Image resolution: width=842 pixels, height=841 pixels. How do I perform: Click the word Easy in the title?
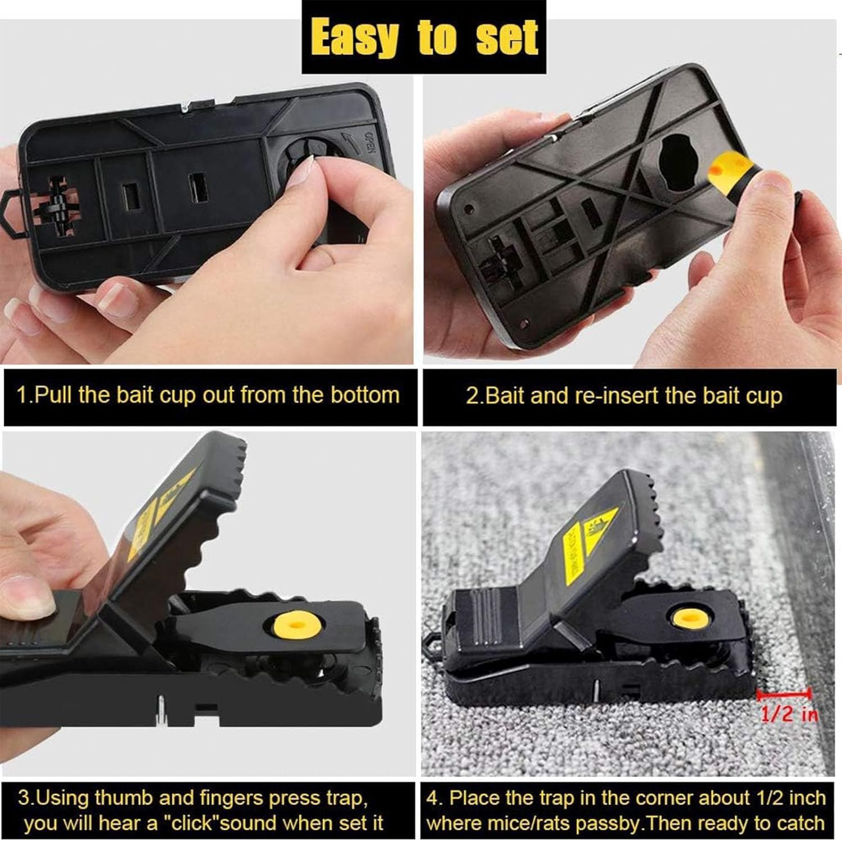pyautogui.click(x=354, y=38)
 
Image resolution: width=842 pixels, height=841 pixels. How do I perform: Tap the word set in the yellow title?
pyautogui.click(x=506, y=38)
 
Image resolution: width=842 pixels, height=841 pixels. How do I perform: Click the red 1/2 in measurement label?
pyautogui.click(x=789, y=714)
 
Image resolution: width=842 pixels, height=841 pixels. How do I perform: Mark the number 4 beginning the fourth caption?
pyautogui.click(x=432, y=798)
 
